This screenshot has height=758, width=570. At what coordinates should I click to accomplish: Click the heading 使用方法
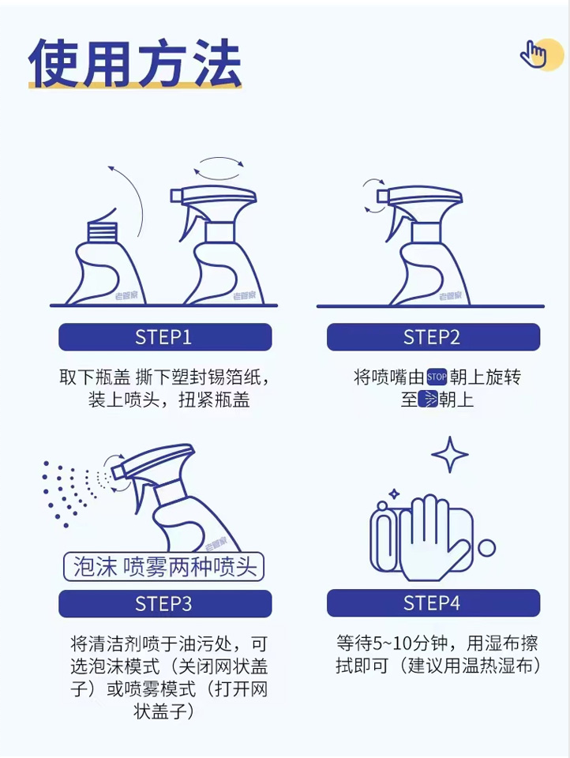pyautogui.click(x=135, y=63)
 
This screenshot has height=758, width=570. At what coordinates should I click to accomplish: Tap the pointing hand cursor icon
pyautogui.click(x=533, y=54)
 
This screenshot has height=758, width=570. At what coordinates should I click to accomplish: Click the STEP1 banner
pyautogui.click(x=165, y=337)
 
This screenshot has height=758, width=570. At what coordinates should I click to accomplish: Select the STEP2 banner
pyautogui.click(x=433, y=337)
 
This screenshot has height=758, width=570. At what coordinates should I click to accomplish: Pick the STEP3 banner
pyautogui.click(x=165, y=604)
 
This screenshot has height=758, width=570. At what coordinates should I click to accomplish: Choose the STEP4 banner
pyautogui.click(x=433, y=602)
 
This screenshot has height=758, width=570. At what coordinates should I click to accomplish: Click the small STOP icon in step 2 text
pyautogui.click(x=437, y=377)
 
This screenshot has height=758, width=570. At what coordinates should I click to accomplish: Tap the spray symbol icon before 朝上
pyautogui.click(x=427, y=400)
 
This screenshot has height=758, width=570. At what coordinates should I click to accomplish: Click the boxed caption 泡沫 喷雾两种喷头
pyautogui.click(x=164, y=567)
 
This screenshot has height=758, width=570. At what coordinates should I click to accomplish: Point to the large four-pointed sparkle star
pyautogui.click(x=450, y=455)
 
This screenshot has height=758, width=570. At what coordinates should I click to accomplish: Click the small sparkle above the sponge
pyautogui.click(x=394, y=493)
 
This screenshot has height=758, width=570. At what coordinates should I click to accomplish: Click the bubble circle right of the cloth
pyautogui.click(x=487, y=548)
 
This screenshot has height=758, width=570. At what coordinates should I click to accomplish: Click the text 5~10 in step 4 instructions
pyautogui.click(x=391, y=643)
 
